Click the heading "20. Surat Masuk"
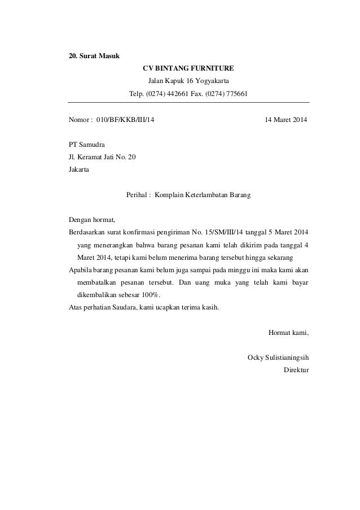click(90, 56)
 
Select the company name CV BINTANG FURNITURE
click(188, 68)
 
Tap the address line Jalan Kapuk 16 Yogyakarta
click(188, 81)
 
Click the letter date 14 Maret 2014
click(286, 120)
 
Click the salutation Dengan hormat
click(91, 220)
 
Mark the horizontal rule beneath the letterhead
click(188, 102)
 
